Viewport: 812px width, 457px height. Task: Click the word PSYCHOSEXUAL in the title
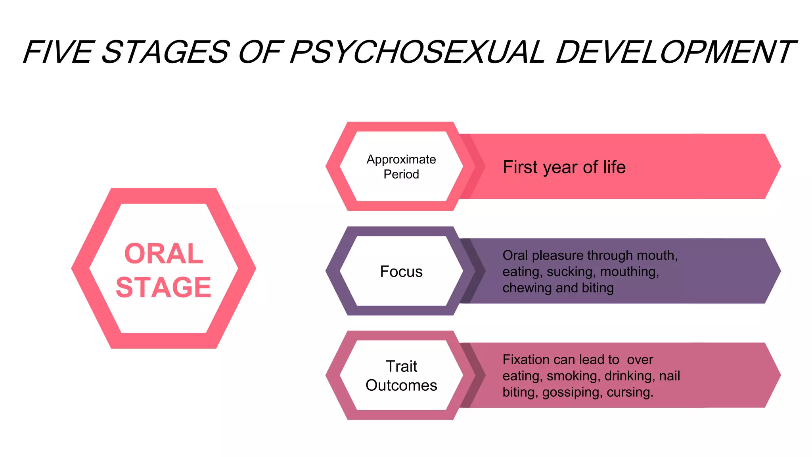417,52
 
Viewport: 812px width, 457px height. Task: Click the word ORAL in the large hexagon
163,254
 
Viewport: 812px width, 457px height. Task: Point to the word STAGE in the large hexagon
163,287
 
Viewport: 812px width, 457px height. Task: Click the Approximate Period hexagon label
401,167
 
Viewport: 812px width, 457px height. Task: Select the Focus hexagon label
401,272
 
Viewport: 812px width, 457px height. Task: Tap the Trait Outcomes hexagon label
401,376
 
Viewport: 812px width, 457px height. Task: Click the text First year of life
564,167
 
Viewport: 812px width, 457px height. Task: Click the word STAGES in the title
166,52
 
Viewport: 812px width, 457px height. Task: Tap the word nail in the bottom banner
670,376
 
